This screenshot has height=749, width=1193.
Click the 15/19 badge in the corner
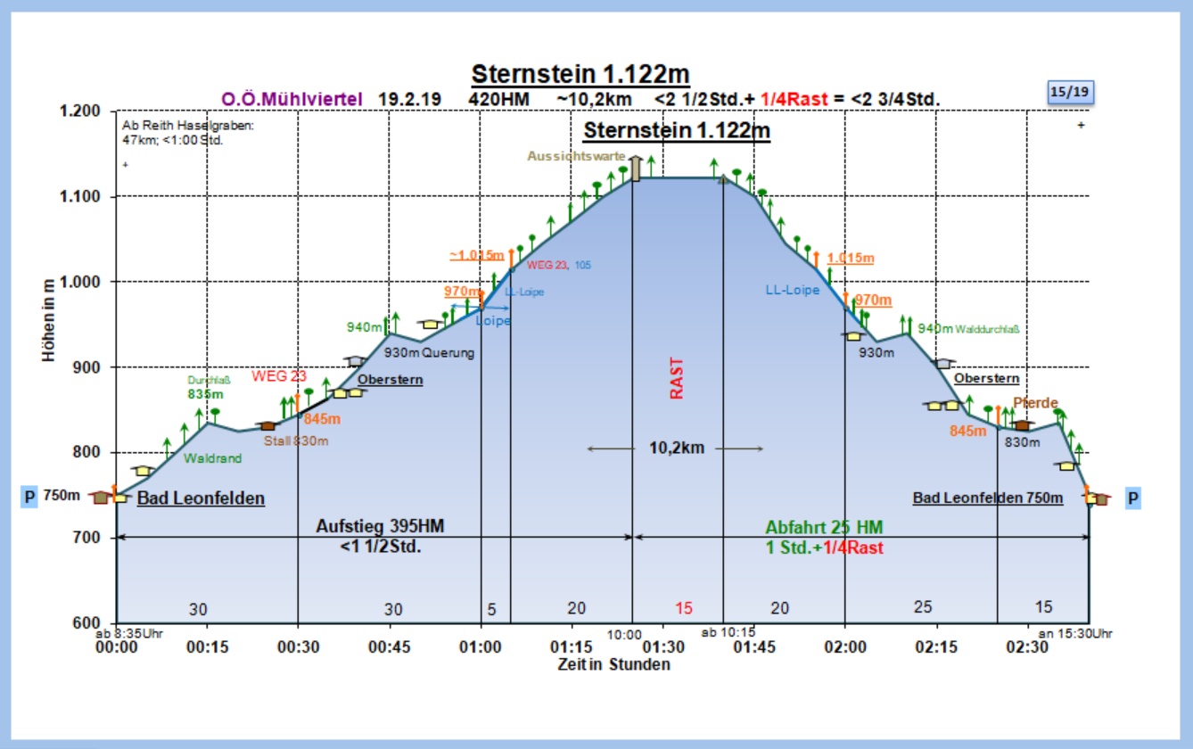coord(1070,92)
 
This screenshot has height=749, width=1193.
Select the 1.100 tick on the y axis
coord(82,196)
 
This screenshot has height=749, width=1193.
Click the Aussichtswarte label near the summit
coord(576,156)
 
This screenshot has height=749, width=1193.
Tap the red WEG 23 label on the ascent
coord(278,376)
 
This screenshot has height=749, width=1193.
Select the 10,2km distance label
coord(676,448)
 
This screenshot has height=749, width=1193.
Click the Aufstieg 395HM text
coord(380,526)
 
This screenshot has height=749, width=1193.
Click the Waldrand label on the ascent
coord(212,458)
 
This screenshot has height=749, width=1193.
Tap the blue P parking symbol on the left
coord(29,497)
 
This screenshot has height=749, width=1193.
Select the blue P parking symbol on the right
coord(1133,498)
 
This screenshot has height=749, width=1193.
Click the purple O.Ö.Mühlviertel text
coord(292,99)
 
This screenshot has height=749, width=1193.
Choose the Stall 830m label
coord(295,440)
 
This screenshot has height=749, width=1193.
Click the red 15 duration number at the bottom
coord(683,608)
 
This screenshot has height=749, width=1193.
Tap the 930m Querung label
coord(429,353)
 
